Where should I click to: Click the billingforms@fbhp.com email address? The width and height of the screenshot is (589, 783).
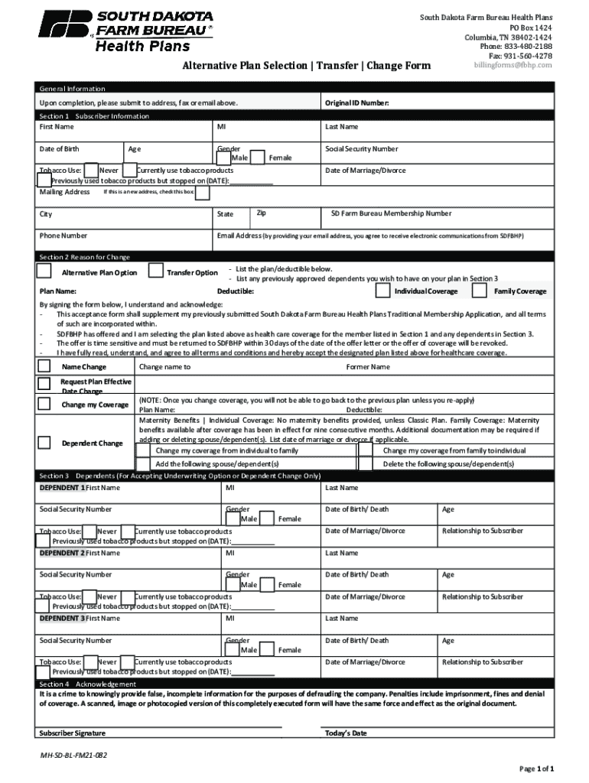(x=513, y=65)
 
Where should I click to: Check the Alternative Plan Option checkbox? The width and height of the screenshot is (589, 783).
(x=44, y=271)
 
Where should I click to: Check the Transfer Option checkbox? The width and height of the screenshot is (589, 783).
(x=155, y=271)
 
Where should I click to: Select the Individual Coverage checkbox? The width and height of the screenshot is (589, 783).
(x=382, y=291)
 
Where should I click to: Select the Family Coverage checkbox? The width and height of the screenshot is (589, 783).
(x=480, y=291)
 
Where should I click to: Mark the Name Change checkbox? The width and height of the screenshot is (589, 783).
(x=44, y=366)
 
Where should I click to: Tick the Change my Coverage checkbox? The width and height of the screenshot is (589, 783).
(x=44, y=404)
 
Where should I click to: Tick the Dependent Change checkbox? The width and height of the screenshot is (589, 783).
(x=44, y=442)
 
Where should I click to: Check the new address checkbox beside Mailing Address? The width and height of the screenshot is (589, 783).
(x=202, y=192)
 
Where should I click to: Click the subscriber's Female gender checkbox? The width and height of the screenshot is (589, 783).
(x=258, y=158)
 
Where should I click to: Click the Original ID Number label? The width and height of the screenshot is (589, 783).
(x=357, y=102)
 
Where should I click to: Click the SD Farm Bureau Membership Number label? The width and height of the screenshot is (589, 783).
(x=390, y=214)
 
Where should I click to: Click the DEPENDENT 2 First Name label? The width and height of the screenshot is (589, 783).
(x=80, y=553)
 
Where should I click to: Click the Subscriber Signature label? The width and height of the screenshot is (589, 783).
(x=72, y=733)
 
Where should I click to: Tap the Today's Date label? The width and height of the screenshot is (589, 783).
(x=346, y=733)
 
